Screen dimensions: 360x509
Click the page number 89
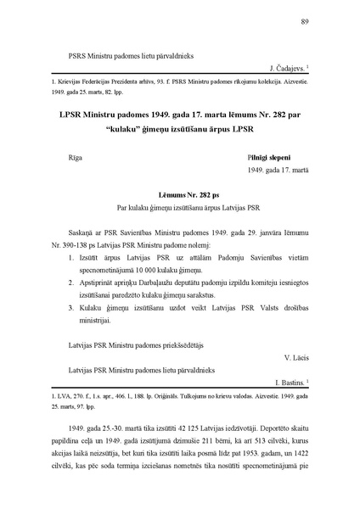(x=303, y=23)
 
